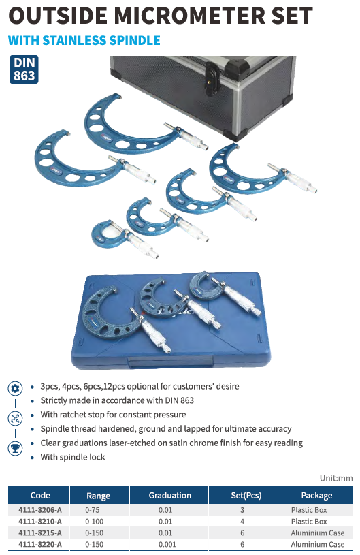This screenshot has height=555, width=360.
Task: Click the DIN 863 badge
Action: point(24,69)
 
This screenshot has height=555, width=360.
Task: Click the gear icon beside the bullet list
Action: point(15,389)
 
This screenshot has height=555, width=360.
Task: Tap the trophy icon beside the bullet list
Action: point(15,449)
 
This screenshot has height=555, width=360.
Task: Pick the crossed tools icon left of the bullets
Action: point(15,419)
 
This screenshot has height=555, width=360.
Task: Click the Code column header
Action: point(40,496)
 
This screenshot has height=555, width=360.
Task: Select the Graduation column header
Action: point(169,496)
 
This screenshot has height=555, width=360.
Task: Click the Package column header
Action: point(316,496)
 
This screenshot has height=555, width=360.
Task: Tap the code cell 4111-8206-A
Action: point(40,510)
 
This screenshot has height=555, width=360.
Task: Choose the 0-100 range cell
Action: point(94,522)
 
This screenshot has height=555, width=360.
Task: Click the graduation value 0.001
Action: point(167,544)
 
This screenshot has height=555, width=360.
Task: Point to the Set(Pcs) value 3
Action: point(242,510)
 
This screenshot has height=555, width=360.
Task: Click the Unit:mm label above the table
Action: point(336,478)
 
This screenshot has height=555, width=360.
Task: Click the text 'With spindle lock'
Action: point(73,457)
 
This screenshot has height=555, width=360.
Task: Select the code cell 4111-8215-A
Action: point(40,533)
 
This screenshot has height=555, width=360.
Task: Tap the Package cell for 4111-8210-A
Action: point(309,522)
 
